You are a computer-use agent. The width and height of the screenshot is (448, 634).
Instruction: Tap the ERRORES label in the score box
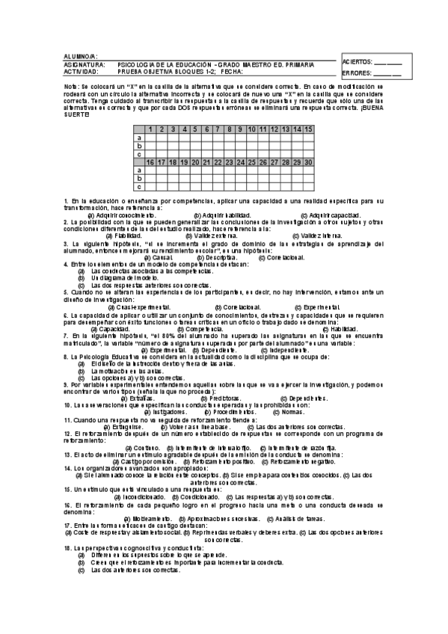(355, 74)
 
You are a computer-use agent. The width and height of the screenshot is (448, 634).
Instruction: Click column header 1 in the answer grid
(150, 129)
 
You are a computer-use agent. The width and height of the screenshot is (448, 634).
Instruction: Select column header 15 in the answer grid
(308, 129)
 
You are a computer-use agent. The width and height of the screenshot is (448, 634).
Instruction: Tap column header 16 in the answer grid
(150, 162)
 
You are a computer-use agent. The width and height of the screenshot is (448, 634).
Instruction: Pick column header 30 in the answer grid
(308, 162)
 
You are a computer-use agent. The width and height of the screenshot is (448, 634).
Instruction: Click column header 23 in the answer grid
(229, 162)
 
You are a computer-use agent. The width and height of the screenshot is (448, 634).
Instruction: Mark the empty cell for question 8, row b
(229, 146)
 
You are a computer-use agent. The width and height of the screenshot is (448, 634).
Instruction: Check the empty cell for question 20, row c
(195, 187)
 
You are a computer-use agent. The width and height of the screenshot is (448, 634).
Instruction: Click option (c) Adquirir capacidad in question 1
(325, 215)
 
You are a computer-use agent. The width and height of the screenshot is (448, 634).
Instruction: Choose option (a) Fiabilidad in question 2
(123, 236)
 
